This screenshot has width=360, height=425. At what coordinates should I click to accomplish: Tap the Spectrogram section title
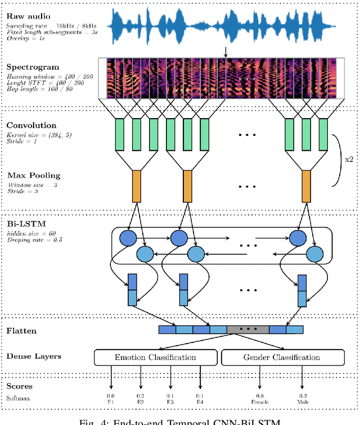pos(33,67)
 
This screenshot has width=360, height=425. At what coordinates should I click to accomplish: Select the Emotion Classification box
pos(155,357)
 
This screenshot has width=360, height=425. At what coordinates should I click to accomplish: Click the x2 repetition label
pos(349,159)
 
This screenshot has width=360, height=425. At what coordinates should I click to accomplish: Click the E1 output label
pos(110,402)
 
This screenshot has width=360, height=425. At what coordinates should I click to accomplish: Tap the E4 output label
pos(200,402)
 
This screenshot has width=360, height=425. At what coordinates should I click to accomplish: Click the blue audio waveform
pos(225,26)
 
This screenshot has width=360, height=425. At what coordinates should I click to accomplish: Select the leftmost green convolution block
pos(119,134)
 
